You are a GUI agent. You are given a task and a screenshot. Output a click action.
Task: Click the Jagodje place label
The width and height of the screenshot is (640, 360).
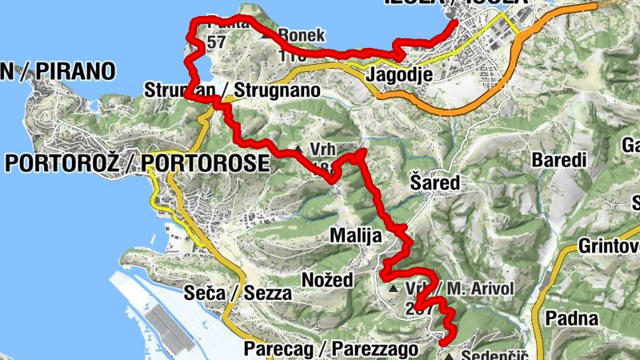pyautogui.click(x=399, y=74)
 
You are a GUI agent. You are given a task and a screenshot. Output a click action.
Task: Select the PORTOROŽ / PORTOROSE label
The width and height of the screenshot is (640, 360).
pyautogui.click(x=136, y=163)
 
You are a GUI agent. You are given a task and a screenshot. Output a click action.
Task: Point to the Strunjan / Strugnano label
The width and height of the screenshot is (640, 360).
pyautogui.click(x=232, y=90)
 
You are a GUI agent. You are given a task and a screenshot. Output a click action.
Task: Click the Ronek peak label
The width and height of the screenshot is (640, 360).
pyautogui.click(x=302, y=35)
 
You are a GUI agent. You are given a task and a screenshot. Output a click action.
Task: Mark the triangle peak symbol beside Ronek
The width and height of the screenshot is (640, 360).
pyautogui.click(x=270, y=35)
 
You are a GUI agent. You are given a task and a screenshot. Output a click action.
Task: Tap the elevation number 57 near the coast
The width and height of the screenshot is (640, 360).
pyautogui.click(x=215, y=42)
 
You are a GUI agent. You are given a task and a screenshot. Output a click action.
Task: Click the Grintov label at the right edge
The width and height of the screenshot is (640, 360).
pyautogui.click(x=608, y=244)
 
